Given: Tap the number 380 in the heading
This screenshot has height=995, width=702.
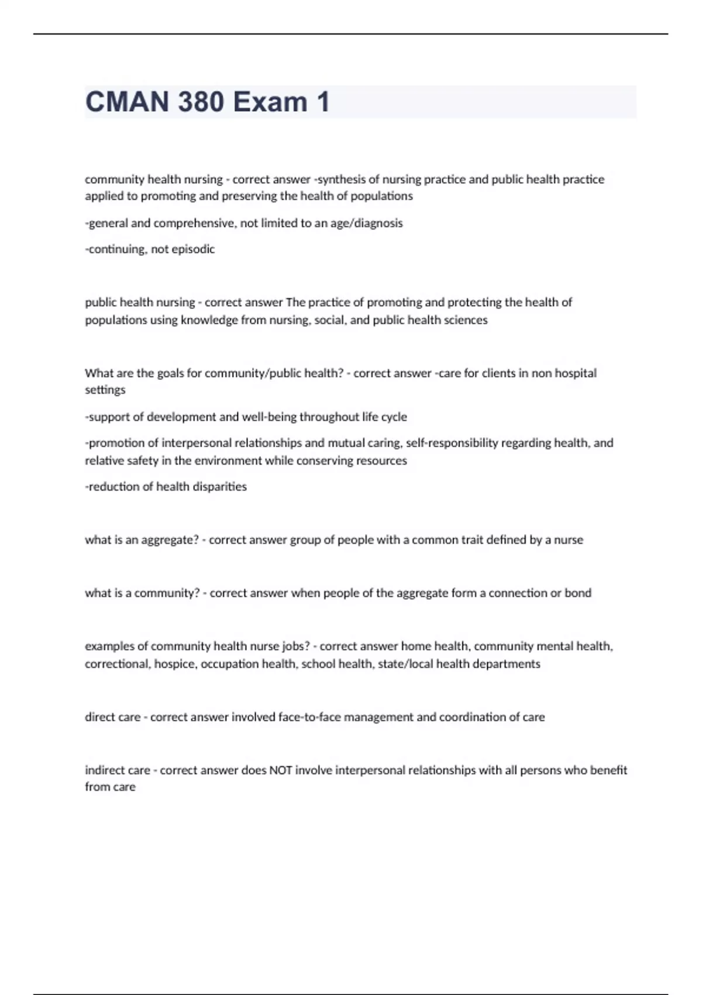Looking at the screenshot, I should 201,102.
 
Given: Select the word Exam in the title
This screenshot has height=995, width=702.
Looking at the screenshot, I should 270,102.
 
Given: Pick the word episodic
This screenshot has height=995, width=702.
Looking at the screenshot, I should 193,249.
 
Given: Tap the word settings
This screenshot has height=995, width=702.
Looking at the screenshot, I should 105,390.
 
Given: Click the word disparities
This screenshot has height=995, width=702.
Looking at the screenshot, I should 217,487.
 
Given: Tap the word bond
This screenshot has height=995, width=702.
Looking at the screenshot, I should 578,593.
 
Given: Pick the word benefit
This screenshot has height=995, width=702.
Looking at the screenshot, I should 608,770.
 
